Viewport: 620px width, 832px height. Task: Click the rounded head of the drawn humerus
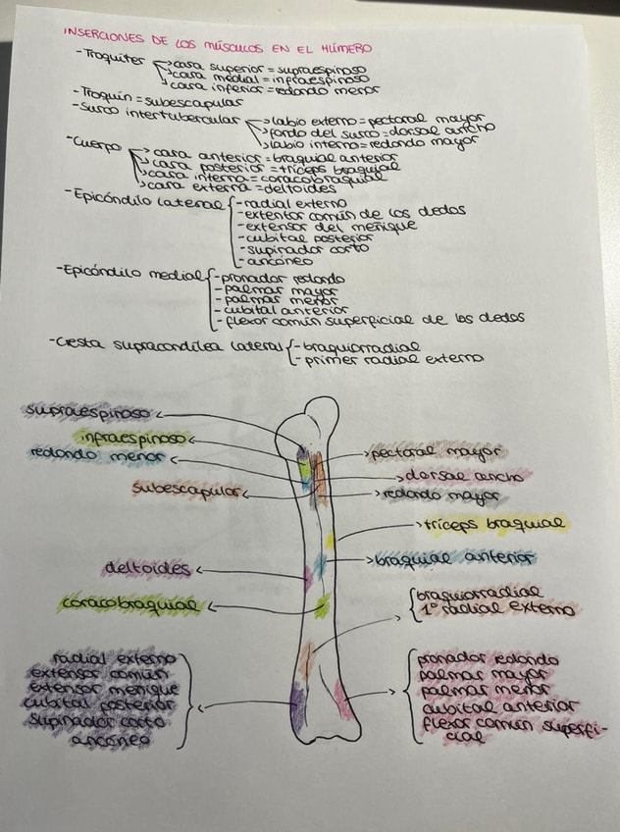pyautogui.click(x=318, y=412)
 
